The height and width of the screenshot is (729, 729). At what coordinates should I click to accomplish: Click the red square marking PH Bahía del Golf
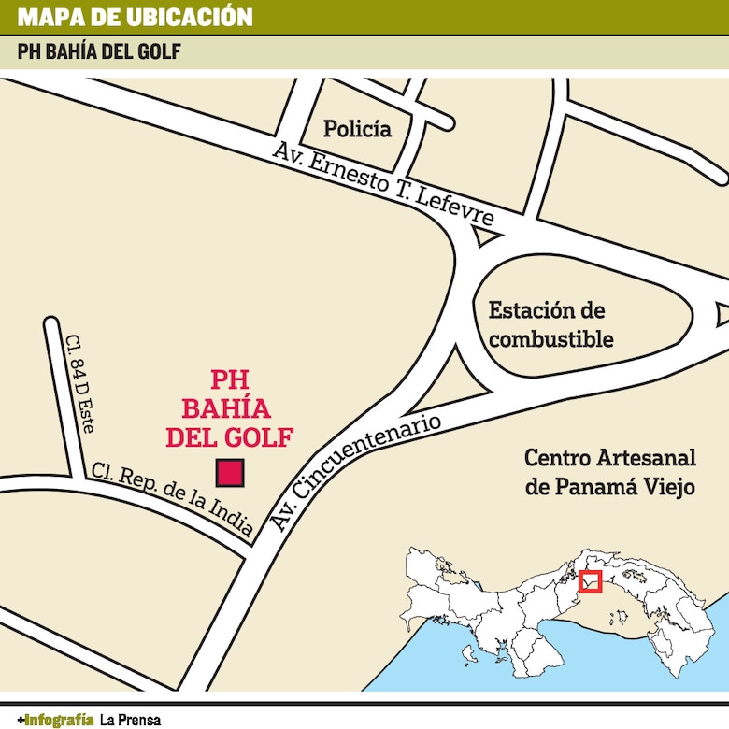click(230, 474)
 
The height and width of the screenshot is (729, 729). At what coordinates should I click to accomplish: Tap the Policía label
click(357, 129)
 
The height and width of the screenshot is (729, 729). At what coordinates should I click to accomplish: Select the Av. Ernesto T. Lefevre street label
click(382, 183)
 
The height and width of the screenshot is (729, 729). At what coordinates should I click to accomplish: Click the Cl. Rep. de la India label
click(174, 500)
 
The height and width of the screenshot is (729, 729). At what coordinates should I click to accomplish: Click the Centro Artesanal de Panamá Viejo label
click(609, 472)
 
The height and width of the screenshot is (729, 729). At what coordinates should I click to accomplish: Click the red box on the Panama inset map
click(590, 581)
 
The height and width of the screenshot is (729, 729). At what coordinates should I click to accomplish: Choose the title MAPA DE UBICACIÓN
click(135, 17)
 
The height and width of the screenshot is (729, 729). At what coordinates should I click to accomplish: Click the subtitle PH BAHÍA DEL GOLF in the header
click(99, 51)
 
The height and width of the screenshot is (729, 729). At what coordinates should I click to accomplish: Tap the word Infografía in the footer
click(59, 719)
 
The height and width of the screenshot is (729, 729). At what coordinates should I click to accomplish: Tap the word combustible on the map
click(550, 338)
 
